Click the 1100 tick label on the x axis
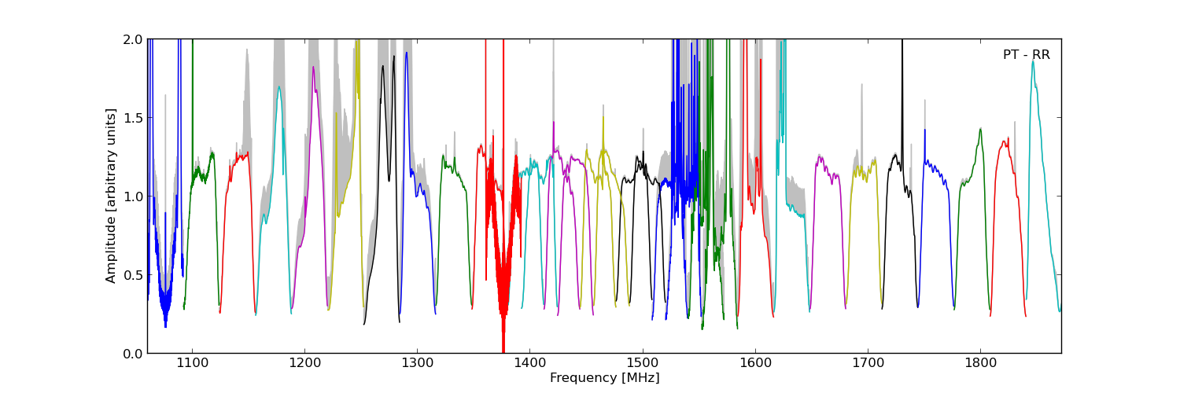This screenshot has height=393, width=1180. tap(192, 364)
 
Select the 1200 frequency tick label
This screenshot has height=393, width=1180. tap(304, 364)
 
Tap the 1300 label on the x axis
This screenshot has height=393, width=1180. tap(417, 364)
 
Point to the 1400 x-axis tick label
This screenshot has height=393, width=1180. tap(529, 364)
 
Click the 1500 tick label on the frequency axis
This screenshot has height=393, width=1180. tap(643, 364)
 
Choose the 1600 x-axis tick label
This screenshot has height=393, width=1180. tap(755, 364)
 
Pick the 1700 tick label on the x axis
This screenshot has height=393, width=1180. tap(868, 364)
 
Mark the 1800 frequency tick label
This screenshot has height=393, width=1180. tap(980, 364)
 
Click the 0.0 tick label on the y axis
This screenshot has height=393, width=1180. tap(132, 354)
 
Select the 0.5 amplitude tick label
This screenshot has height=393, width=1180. tap(132, 275)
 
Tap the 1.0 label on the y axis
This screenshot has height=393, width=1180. tap(132, 196)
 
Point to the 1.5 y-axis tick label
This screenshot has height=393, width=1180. tap(132, 118)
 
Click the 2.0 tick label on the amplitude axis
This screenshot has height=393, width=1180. tap(132, 39)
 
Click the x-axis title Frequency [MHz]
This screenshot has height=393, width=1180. tap(604, 378)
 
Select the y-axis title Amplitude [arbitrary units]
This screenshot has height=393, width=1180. tap(112, 196)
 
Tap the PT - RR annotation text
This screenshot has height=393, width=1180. tap(1026, 55)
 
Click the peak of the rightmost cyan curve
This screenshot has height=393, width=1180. tap(1033, 61)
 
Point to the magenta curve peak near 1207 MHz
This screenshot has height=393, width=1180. tap(313, 68)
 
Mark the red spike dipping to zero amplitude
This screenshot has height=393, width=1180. tap(503, 349)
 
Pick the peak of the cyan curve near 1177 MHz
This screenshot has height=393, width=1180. tap(278, 87)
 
